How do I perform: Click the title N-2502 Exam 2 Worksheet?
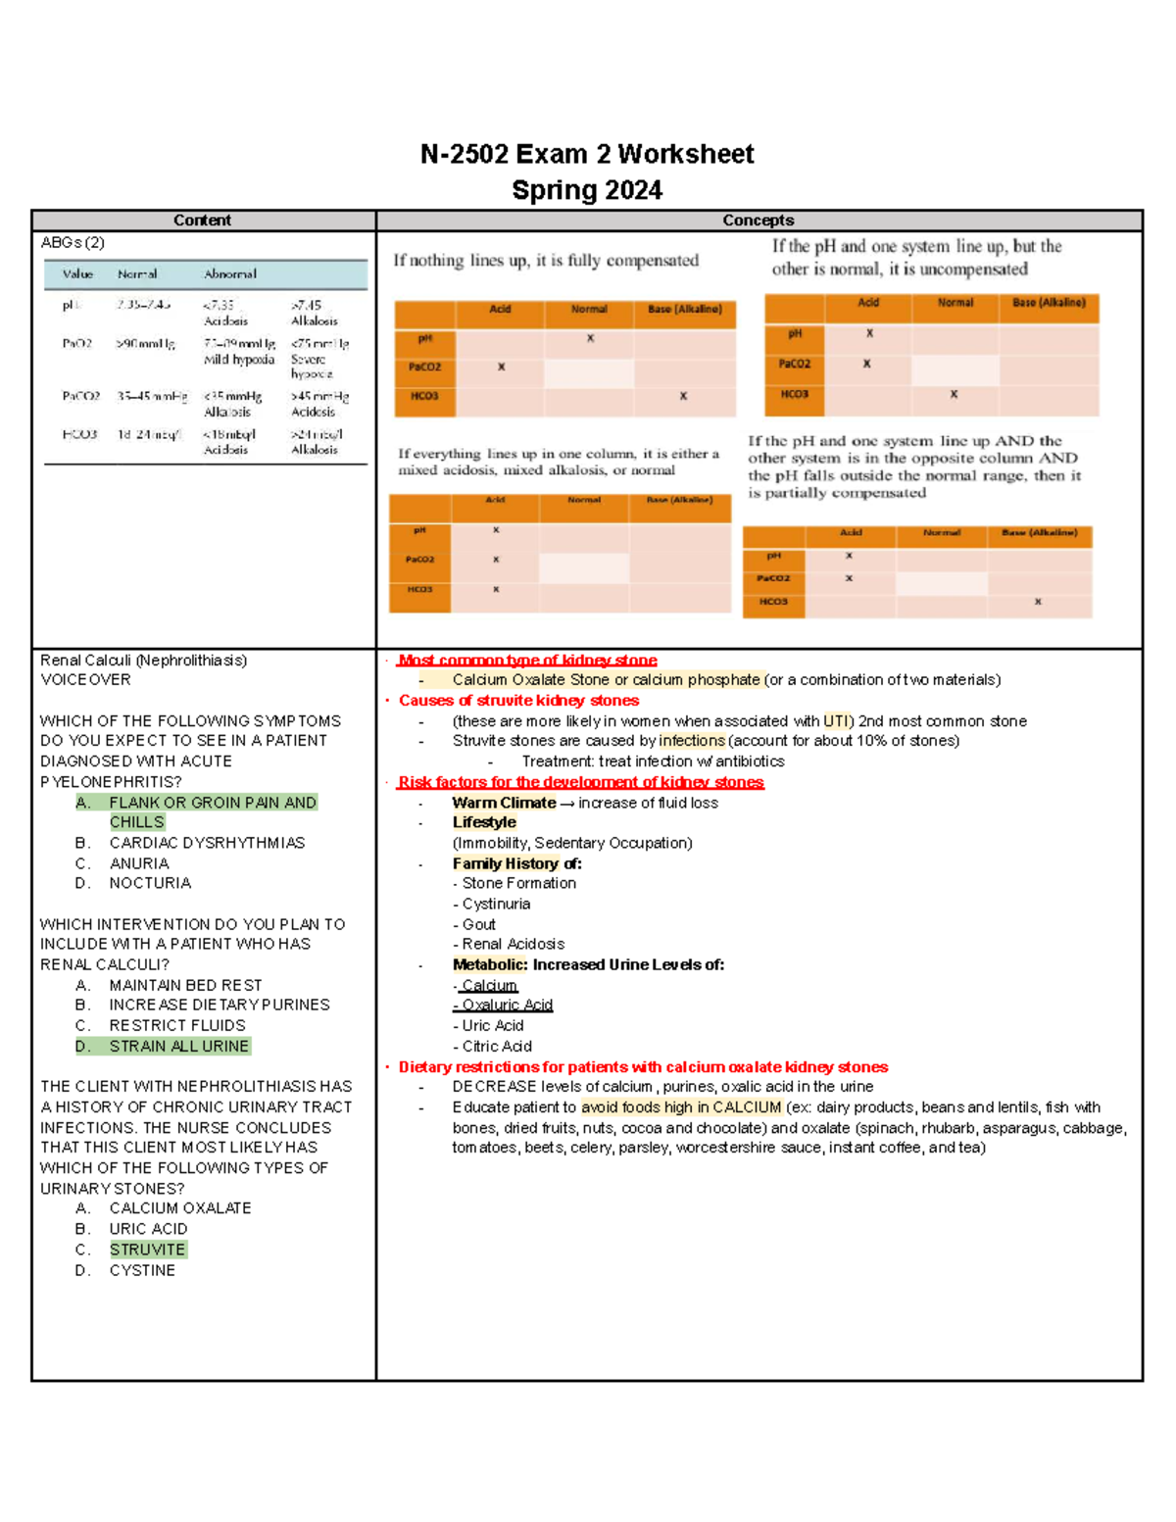(587, 155)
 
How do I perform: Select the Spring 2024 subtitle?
(587, 190)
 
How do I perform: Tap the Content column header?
(202, 221)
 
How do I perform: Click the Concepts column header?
(758, 221)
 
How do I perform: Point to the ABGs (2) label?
(73, 243)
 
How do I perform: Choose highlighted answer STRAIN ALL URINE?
(178, 1047)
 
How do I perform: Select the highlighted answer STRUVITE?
(147, 1250)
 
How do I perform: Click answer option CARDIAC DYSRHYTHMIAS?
(207, 843)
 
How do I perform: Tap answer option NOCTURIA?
(150, 883)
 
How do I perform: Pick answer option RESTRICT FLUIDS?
(177, 1025)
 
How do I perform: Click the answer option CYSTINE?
(142, 1270)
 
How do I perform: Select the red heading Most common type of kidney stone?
(527, 661)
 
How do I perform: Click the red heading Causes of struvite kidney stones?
(518, 701)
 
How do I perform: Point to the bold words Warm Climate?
(504, 803)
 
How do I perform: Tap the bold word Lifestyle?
(484, 822)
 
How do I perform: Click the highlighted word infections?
(692, 741)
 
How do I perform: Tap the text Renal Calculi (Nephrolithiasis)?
(143, 661)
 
